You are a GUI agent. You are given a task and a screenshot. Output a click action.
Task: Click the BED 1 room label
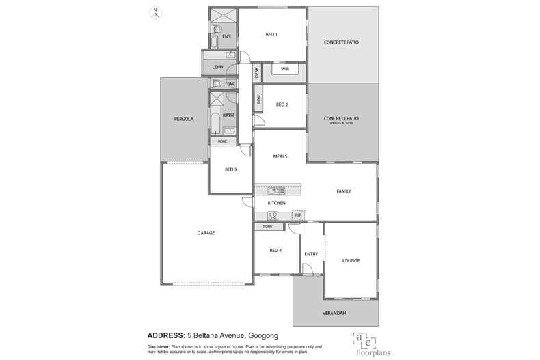(271, 34)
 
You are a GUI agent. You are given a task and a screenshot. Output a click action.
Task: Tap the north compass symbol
(156, 12)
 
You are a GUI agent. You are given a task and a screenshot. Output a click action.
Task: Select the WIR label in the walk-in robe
(285, 69)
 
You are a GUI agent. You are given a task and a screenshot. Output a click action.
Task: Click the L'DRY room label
(218, 66)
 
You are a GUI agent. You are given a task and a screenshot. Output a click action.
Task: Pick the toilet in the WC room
(217, 83)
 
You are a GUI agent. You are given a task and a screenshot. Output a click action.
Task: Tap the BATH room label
(228, 115)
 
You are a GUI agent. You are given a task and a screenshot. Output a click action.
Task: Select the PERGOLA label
(184, 119)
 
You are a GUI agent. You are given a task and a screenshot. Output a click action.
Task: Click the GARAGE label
(206, 233)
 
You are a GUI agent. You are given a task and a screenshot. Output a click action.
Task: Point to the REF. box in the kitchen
(298, 216)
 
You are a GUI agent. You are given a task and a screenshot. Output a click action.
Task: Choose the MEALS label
(280, 156)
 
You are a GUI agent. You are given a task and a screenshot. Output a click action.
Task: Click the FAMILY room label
(343, 191)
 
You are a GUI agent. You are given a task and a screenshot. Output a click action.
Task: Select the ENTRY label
(311, 254)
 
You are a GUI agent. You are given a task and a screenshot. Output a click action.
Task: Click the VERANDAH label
(334, 313)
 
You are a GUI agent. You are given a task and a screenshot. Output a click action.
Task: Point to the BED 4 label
(275, 251)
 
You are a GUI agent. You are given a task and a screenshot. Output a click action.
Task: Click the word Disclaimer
(163, 346)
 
